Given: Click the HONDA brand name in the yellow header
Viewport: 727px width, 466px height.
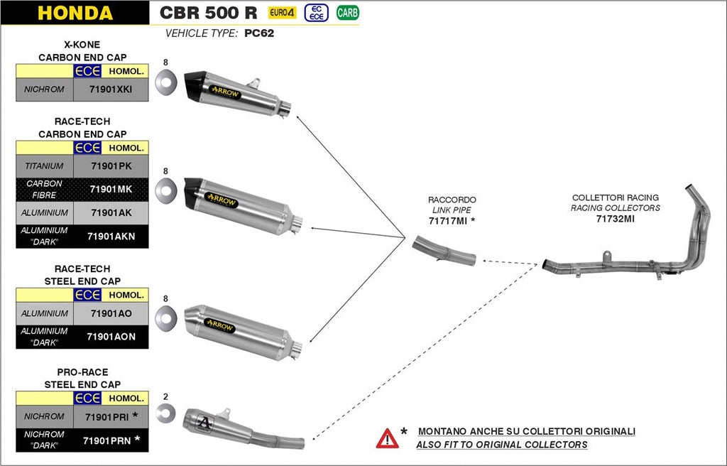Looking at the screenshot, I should [75, 13].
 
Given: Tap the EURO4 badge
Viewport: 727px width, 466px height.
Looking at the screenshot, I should [282, 13].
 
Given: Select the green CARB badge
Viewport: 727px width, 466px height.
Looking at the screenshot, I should [347, 12].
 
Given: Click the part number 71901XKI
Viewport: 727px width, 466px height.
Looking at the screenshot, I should [111, 90].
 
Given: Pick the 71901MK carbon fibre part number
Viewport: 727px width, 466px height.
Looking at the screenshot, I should [111, 189].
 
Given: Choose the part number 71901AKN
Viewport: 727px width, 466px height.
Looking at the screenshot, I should [111, 236].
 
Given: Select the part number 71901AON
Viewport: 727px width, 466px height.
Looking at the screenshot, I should [111, 336].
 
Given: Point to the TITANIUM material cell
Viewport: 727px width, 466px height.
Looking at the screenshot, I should [44, 166].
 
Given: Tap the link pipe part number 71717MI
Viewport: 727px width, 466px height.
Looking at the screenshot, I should [448, 222].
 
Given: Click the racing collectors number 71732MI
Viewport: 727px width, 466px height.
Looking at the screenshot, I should [615, 219].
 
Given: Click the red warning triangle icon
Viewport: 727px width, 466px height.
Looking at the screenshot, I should [387, 438].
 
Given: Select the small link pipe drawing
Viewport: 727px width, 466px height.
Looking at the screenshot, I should [444, 251].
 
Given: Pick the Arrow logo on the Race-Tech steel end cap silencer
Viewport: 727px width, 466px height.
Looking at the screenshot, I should [220, 323].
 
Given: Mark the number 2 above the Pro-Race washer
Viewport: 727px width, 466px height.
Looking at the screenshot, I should [165, 396].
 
